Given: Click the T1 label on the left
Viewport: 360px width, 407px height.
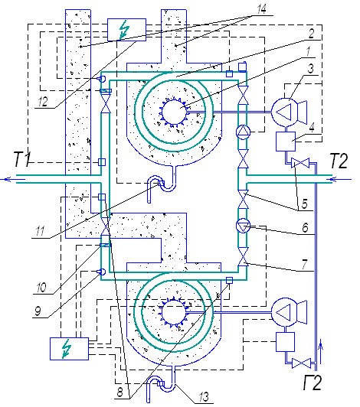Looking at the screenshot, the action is [21, 159].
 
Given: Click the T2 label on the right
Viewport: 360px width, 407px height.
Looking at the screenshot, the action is [339, 161].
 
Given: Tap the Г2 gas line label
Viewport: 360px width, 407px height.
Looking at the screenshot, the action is [313, 382].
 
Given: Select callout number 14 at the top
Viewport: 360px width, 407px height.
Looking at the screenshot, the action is [261, 9].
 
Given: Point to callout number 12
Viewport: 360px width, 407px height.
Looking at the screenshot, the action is [43, 102].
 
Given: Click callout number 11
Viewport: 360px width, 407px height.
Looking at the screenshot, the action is [40, 231].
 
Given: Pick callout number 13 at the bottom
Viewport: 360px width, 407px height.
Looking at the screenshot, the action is [204, 396].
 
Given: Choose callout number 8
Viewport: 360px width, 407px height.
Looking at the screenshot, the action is [119, 392].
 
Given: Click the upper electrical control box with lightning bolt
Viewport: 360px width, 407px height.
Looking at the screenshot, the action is [126, 30].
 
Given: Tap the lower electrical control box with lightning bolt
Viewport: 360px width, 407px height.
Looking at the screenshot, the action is [69, 349].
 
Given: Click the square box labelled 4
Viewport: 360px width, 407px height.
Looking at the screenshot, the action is [286, 142].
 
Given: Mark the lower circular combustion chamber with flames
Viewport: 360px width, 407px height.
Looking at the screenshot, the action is [174, 311].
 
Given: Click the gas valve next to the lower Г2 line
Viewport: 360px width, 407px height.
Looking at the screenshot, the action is [301, 363].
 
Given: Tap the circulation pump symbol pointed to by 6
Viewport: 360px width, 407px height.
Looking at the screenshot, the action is [243, 226].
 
